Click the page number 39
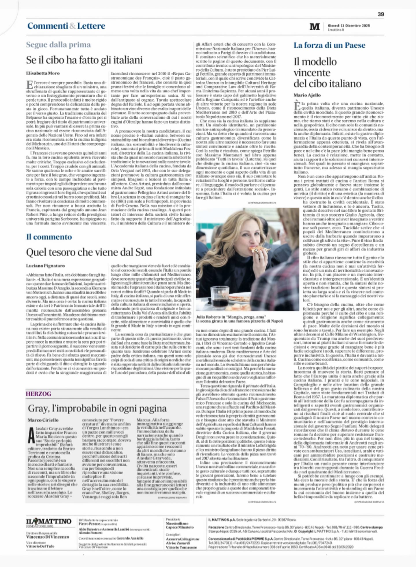click(x=381, y=14)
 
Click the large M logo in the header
click(x=315, y=27)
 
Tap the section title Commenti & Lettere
click(x=66, y=26)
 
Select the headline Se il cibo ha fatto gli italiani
click(x=84, y=60)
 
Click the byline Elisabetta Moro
click(x=43, y=73)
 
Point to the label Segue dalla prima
click(x=58, y=45)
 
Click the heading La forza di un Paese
click(x=329, y=45)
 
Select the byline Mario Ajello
click(x=307, y=95)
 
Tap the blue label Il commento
click(x=49, y=237)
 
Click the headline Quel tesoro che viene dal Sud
click(x=89, y=252)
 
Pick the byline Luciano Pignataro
click(x=45, y=266)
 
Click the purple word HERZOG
click(x=38, y=393)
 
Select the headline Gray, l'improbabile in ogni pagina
click(x=97, y=408)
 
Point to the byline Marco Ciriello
click(x=43, y=420)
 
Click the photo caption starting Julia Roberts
click(x=239, y=318)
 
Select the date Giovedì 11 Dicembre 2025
click(x=349, y=25)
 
